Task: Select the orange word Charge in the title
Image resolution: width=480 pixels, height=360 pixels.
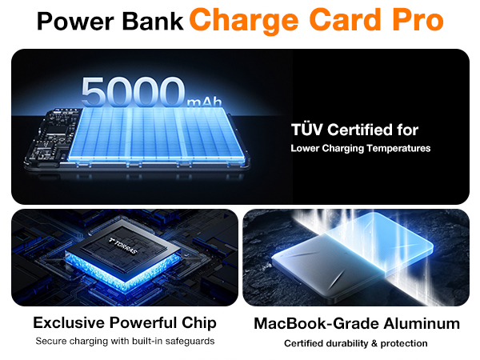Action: pos(248,20)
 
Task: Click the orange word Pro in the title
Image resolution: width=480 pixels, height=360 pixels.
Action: pos(410,20)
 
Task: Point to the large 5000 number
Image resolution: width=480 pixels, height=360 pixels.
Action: pos(133,94)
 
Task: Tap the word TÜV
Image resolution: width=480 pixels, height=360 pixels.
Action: pos(308,130)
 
